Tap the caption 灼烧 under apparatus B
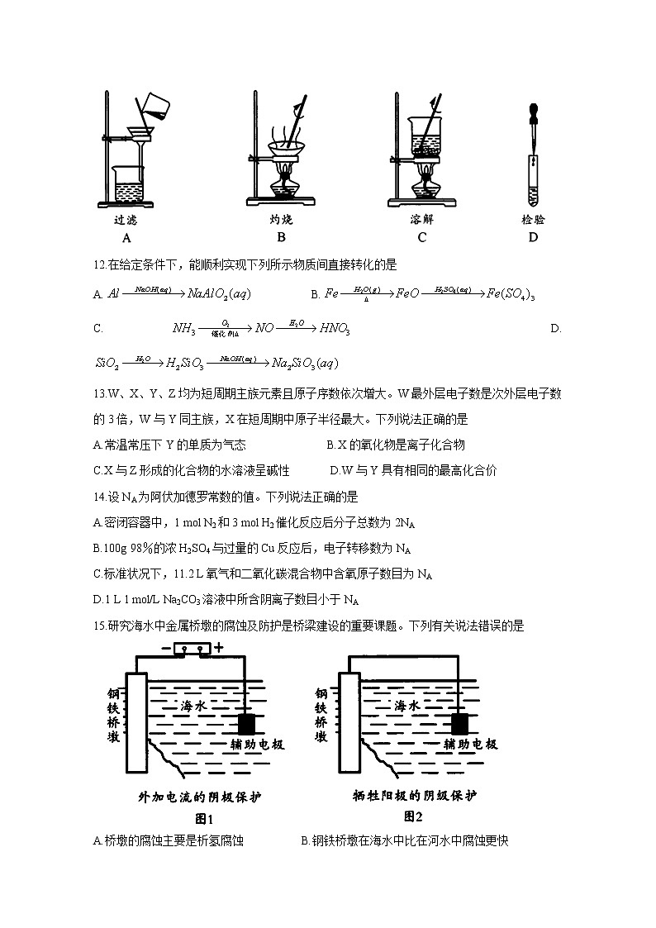pos(281,220)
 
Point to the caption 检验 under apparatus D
pos(533,220)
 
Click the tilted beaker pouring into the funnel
pos(154,102)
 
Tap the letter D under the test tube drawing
pos(533,238)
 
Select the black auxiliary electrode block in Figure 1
pos(246,724)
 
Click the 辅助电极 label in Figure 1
pos(258,745)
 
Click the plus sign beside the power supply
pos(219,648)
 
